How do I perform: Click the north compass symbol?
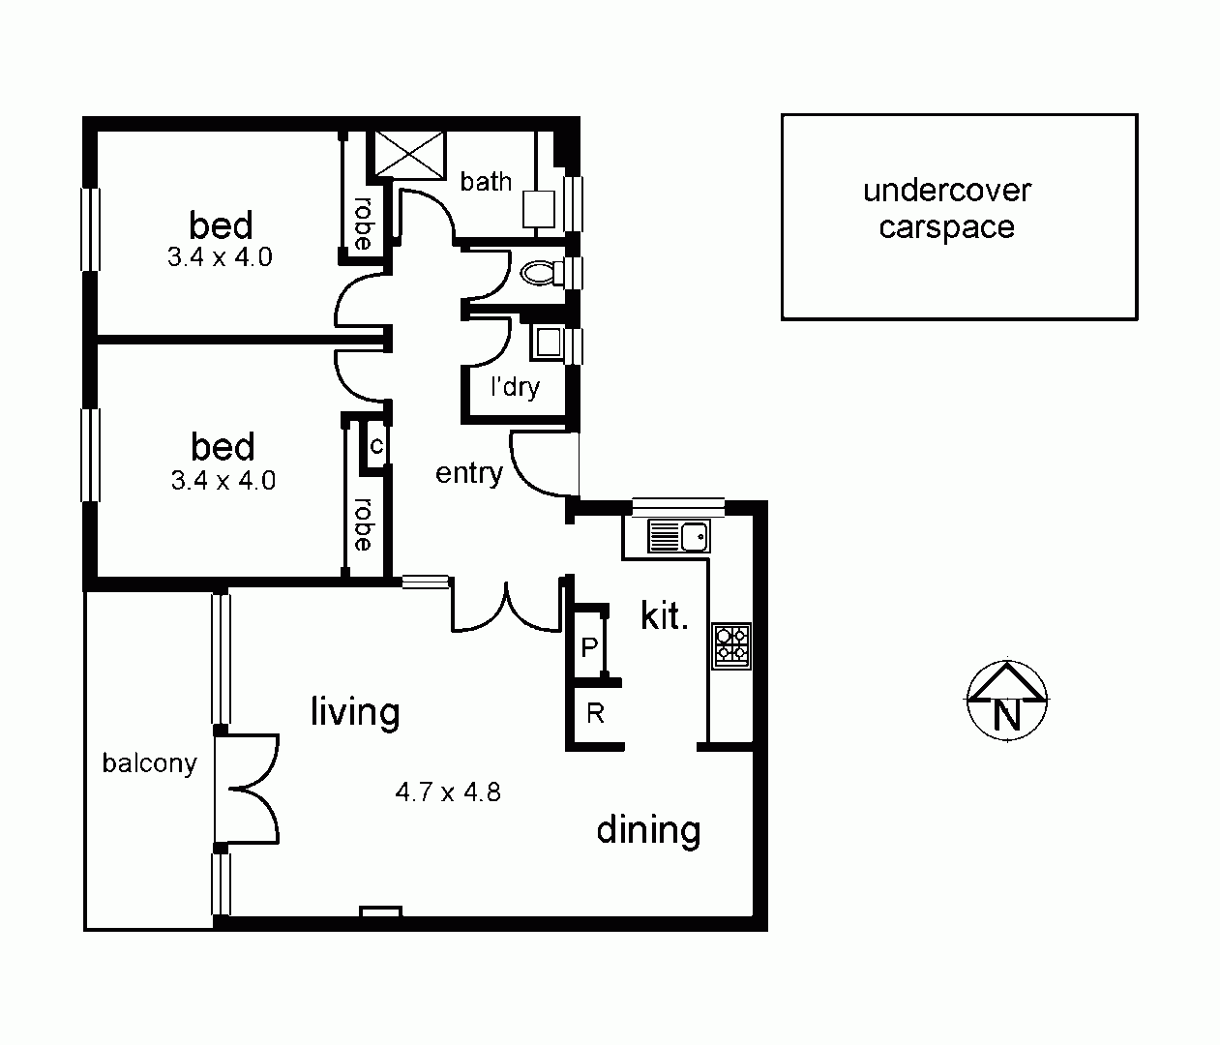click(x=1007, y=702)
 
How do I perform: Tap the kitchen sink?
click(x=678, y=535)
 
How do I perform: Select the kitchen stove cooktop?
click(x=731, y=645)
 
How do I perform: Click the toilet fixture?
click(x=541, y=274)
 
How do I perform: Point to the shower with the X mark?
click(x=409, y=154)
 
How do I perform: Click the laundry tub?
click(x=548, y=343)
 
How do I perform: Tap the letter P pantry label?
click(x=588, y=647)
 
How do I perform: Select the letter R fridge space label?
click(x=595, y=714)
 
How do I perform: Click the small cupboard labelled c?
click(x=375, y=447)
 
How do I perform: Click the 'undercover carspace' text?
click(x=946, y=209)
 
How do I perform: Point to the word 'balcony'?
click(x=149, y=763)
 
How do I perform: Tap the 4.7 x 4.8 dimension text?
click(x=448, y=792)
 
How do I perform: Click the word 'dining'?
click(x=647, y=830)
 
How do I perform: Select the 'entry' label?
click(x=468, y=473)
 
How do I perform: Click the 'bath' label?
click(x=486, y=181)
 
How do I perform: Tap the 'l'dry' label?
click(x=514, y=387)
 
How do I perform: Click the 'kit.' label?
click(x=664, y=615)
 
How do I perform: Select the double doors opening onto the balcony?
click(x=248, y=789)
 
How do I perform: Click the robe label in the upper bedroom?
click(x=362, y=223)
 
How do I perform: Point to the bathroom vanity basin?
click(x=538, y=208)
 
